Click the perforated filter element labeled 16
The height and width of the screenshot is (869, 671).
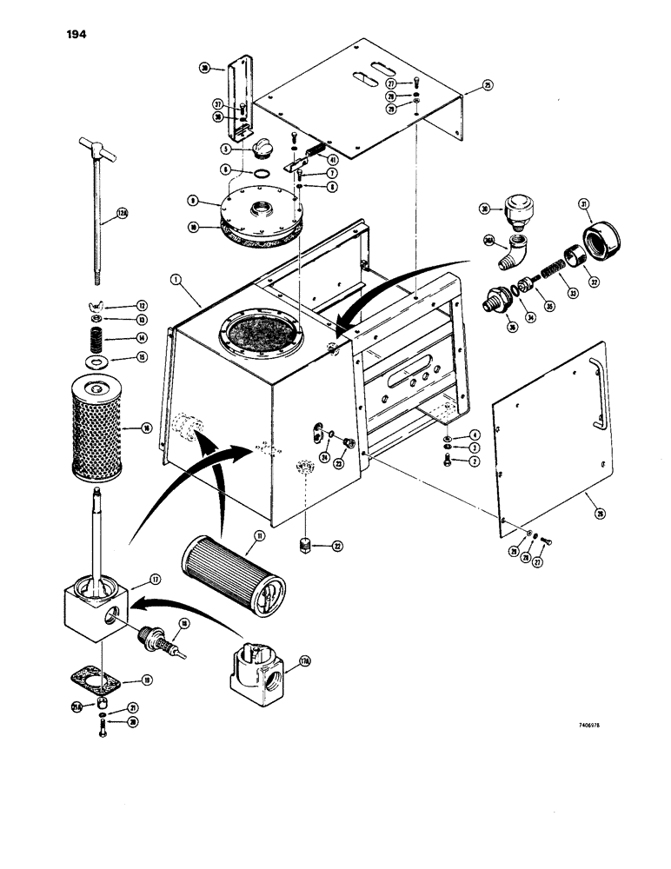coord(93,427)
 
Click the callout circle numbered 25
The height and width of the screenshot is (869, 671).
coord(488,86)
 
